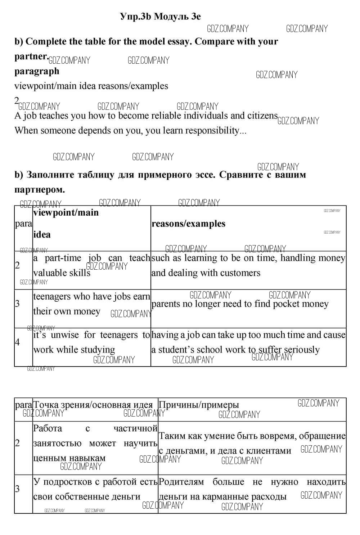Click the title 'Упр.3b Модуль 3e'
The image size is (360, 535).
[x=161, y=17]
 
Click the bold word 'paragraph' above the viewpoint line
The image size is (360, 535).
[x=37, y=71]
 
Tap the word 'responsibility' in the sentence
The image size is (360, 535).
[x=212, y=130]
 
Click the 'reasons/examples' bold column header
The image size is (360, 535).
[x=188, y=224]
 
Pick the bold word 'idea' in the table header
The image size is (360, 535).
[x=42, y=235]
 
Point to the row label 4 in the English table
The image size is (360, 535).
[x=17, y=342]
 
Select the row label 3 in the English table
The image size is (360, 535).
[x=17, y=304]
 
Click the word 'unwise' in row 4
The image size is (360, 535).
[x=64, y=335]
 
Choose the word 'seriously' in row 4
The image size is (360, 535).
[x=302, y=350]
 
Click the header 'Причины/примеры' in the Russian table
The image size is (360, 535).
[x=199, y=405]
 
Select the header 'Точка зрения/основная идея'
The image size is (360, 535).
[x=93, y=405]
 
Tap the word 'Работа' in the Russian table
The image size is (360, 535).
[x=48, y=428]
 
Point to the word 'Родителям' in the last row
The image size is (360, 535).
[x=181, y=482]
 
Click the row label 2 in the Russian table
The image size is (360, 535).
[x=17, y=443]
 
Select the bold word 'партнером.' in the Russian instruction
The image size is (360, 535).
[x=40, y=189]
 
